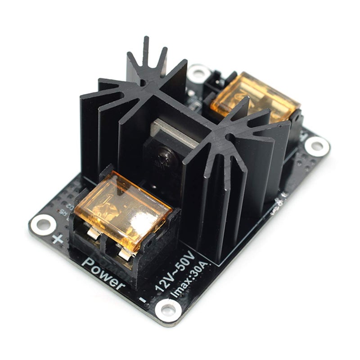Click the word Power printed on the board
tap(103, 273)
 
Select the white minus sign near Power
tap(143, 299)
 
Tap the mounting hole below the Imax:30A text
tap(168, 310)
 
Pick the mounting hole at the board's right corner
tap(317, 145)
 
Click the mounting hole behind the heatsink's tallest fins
tap(198, 72)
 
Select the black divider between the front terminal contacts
tap(107, 243)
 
